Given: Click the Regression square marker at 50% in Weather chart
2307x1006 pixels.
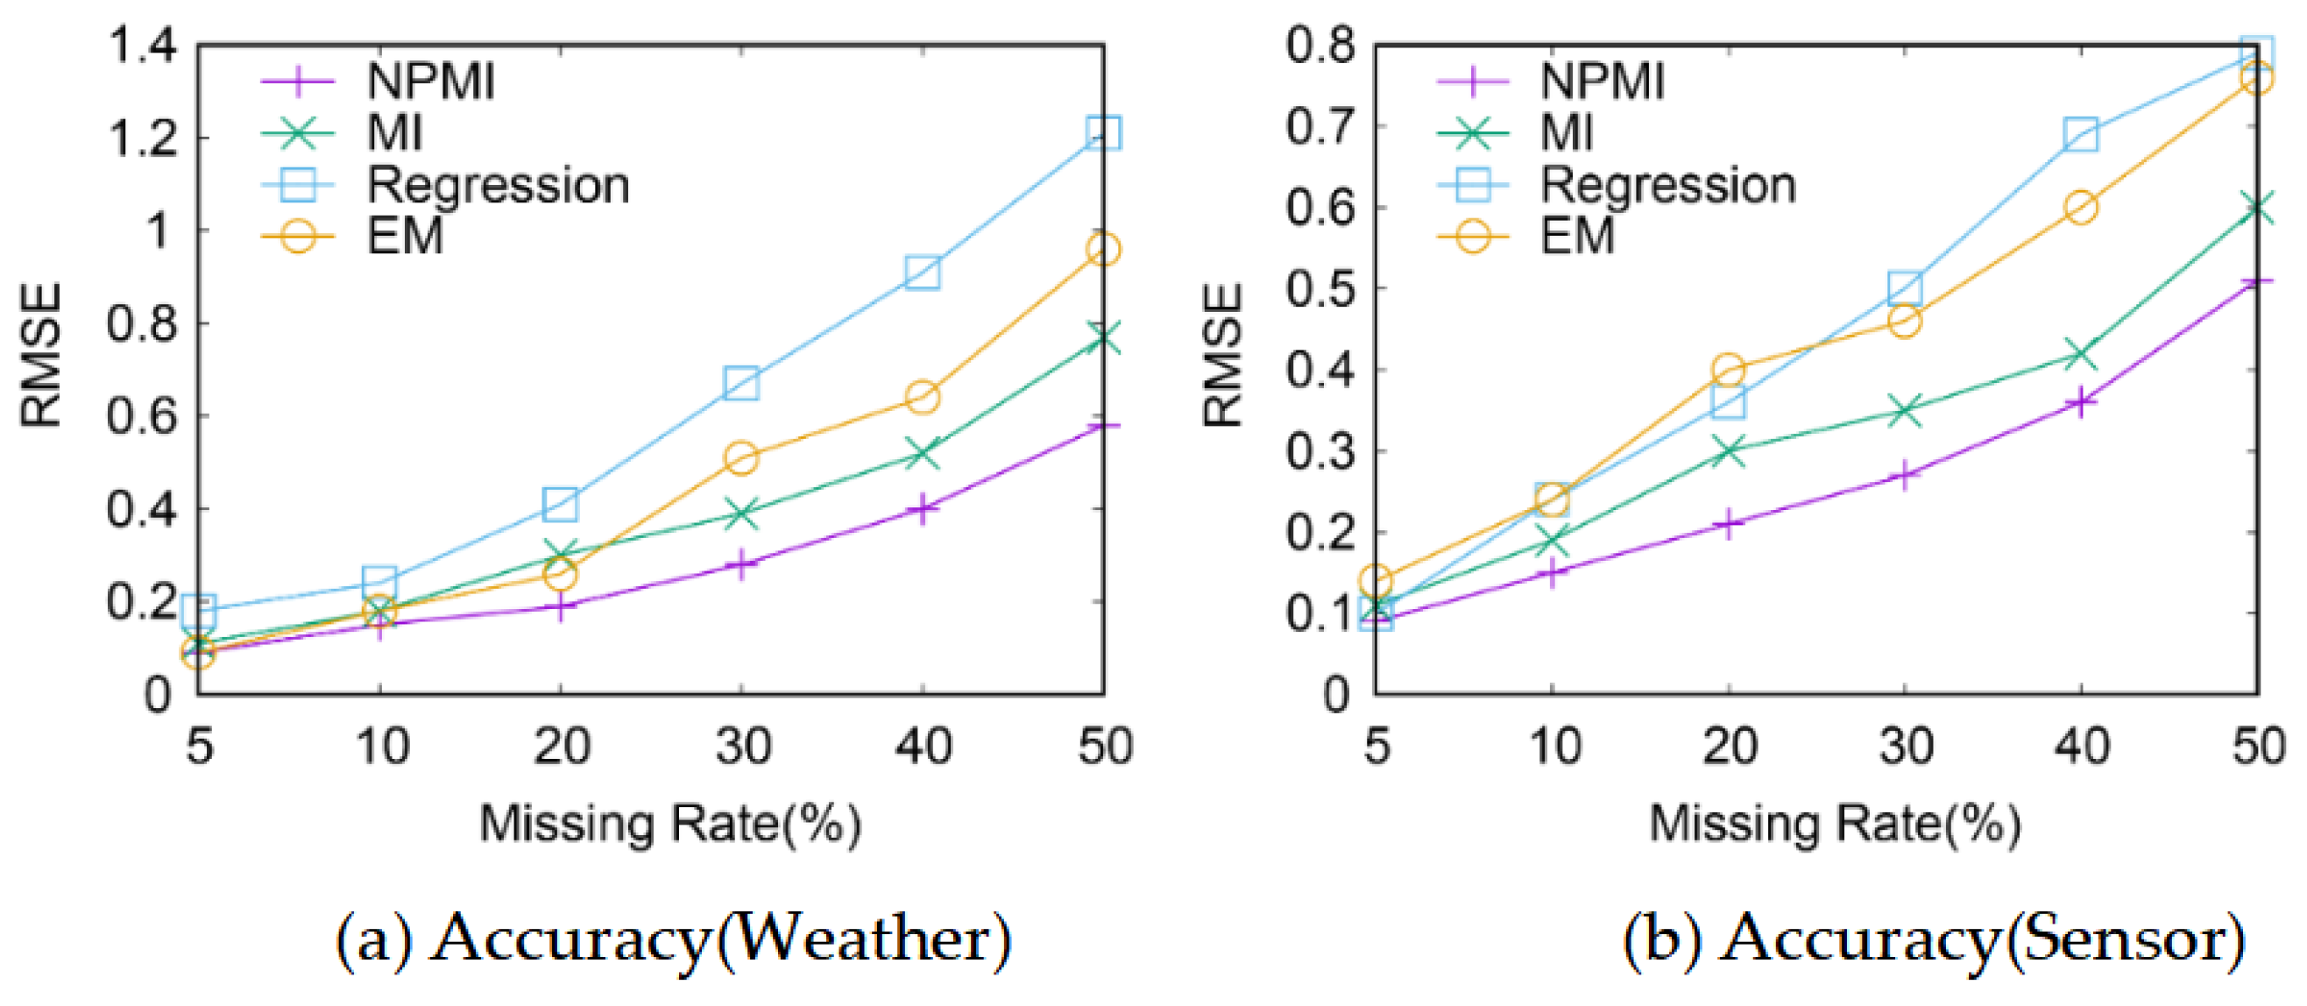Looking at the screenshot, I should (x=1102, y=132).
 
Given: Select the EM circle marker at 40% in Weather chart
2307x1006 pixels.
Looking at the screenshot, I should (x=922, y=396).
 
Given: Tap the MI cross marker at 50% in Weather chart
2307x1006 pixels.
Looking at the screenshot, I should (x=1102, y=337).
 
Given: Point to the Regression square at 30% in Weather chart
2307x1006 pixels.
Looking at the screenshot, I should (x=741, y=383).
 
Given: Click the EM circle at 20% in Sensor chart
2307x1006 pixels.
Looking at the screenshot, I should (x=1729, y=369).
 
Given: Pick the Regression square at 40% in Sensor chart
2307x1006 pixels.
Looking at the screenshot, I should (x=2080, y=134).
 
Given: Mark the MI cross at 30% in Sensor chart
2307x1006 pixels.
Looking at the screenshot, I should (x=1905, y=411).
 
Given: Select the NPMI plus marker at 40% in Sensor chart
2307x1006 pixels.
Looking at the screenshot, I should (x=2080, y=402).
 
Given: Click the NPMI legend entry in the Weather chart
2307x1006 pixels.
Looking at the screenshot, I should (x=431, y=81).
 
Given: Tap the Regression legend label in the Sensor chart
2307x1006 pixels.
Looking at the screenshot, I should (x=1667, y=186).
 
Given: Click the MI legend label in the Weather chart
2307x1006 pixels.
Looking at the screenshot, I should (x=394, y=133).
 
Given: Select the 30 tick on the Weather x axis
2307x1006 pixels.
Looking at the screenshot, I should (x=742, y=746).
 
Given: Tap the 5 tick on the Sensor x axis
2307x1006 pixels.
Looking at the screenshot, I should (x=1376, y=746).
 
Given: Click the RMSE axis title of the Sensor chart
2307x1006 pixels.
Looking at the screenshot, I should (x=1223, y=356).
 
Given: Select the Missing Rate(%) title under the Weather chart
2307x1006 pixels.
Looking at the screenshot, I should (x=670, y=822).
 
